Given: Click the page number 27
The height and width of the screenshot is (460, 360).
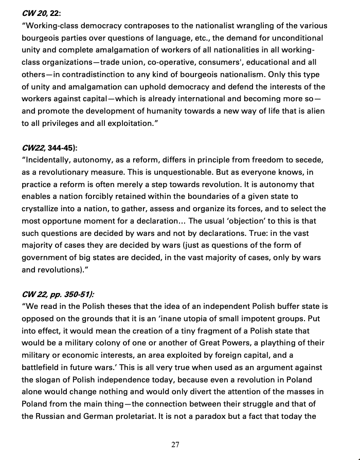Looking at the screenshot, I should tap(175, 445).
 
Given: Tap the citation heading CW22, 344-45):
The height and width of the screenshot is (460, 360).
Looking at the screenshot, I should tap(49, 148).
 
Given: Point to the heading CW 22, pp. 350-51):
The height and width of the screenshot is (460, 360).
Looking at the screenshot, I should tap(58, 295).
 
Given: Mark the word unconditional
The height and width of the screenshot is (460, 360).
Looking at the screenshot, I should tap(295, 38).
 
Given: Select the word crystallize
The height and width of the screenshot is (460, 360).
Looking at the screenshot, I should tap(44, 209).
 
